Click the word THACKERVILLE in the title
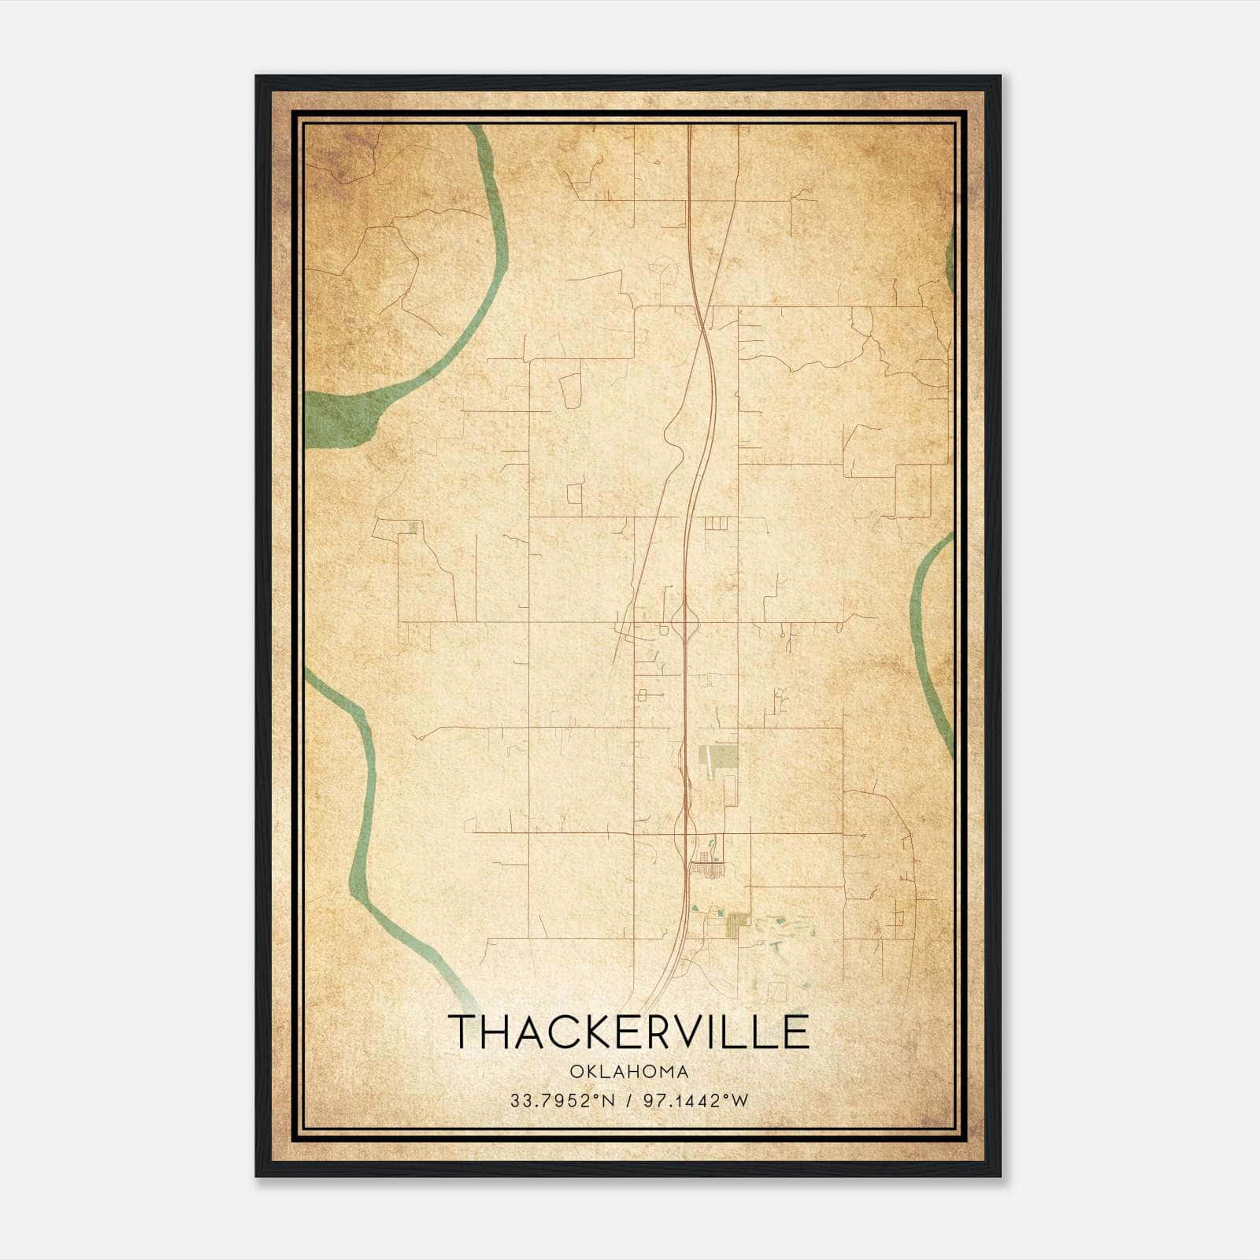coord(628,1032)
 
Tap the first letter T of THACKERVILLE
coord(461,1032)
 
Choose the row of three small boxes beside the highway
coord(717,522)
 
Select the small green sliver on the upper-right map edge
coord(950,256)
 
